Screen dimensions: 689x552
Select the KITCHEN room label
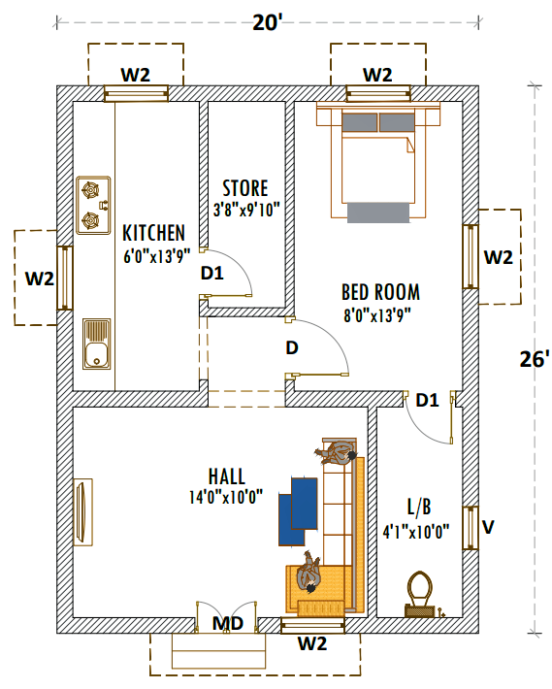(153, 233)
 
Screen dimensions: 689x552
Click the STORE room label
(244, 188)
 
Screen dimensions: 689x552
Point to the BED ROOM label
(380, 291)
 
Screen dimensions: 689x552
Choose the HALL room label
(226, 476)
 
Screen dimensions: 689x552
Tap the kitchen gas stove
(92, 205)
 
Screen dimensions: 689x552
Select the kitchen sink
(95, 344)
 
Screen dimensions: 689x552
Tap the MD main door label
(227, 623)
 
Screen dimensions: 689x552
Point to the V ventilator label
(489, 528)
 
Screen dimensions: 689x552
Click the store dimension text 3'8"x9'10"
(246, 209)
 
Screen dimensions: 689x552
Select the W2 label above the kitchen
(135, 75)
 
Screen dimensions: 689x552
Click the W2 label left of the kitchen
(39, 279)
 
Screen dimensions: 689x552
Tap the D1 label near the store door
(211, 275)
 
